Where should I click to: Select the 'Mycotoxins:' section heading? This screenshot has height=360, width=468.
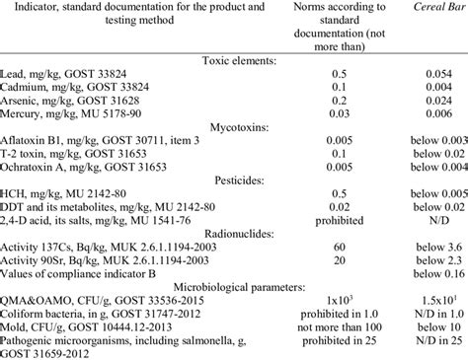pos(234,129)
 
